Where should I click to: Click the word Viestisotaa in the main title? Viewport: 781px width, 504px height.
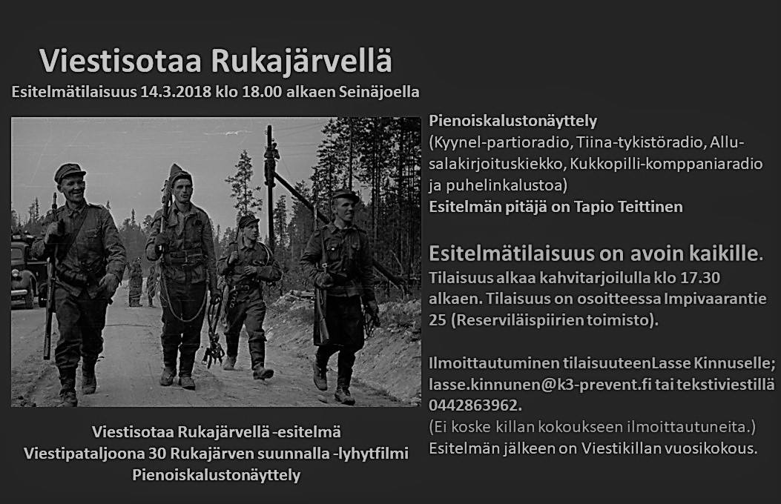121,61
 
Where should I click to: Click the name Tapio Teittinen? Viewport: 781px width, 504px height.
628,207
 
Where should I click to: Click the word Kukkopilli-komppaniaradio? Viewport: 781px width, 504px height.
666,164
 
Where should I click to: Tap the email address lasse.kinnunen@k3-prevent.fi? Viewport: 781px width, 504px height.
539,385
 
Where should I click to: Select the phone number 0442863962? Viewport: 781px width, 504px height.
474,405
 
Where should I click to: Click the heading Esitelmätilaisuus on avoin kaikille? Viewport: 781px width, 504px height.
596,253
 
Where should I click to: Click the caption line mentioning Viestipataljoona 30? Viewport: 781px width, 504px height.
216,454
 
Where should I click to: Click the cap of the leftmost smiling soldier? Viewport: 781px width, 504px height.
69,172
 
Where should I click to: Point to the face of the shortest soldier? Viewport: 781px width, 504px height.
251,230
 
